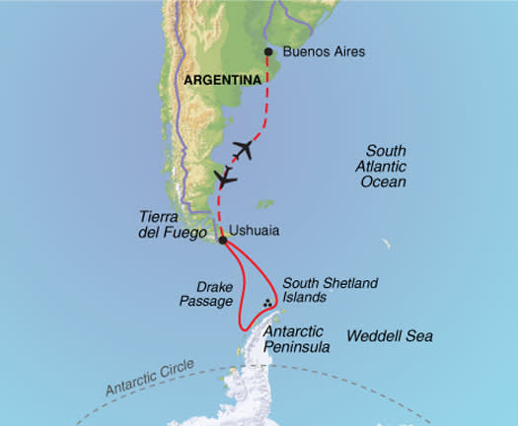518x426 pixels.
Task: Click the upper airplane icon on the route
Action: pyautogui.click(x=244, y=150)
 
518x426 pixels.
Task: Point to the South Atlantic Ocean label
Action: pyautogui.click(x=387, y=167)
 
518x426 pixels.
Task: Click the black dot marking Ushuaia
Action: pyautogui.click(x=222, y=240)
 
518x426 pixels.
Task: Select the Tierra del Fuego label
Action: pyautogui.click(x=178, y=226)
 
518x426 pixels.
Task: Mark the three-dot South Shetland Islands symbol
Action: pyautogui.click(x=268, y=305)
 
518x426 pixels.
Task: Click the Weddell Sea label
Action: pyautogui.click(x=390, y=336)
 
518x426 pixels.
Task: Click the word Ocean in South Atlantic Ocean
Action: pyautogui.click(x=387, y=182)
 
